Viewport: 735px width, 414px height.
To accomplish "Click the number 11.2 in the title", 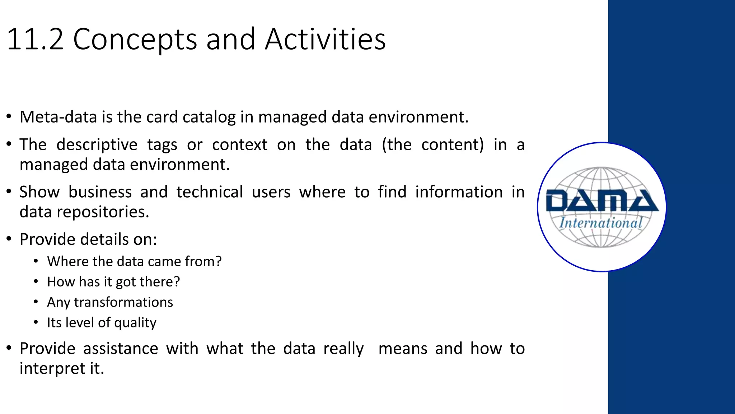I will [x=35, y=39].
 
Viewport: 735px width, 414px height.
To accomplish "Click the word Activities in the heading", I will [x=325, y=39].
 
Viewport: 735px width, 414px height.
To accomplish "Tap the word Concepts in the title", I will [x=135, y=40].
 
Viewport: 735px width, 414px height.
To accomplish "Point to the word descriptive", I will [x=97, y=145].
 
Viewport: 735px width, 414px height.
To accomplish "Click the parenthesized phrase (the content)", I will [x=432, y=145].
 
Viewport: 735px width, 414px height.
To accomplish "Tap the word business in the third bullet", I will [x=100, y=192].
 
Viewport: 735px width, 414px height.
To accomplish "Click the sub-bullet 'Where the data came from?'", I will [x=134, y=261].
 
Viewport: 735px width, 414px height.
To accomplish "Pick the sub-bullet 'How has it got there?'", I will [x=113, y=282].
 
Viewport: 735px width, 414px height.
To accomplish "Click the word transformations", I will [x=123, y=302].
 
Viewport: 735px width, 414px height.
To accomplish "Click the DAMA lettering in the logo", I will [x=601, y=201].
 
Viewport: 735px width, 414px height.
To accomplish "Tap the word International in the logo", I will [x=601, y=223].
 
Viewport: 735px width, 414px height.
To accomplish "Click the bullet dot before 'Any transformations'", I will [x=36, y=302].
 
